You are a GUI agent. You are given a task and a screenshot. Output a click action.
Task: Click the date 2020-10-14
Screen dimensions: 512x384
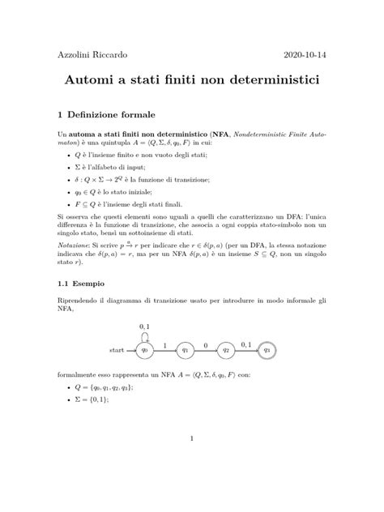[x=302, y=55]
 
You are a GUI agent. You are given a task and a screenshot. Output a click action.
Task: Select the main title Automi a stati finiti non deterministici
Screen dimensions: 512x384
[x=192, y=83]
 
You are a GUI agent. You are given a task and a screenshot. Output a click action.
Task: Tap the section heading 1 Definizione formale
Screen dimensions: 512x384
[x=113, y=114]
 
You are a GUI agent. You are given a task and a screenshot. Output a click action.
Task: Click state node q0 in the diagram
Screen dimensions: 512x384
[x=146, y=350]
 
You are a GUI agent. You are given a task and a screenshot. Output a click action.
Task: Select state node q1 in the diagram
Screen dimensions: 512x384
[x=186, y=350]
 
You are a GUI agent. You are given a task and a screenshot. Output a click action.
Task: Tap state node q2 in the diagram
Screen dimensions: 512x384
[x=227, y=350]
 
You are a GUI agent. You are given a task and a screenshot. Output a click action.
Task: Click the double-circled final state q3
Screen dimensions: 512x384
[x=267, y=350]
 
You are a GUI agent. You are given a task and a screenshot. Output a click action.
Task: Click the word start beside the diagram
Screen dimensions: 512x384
[x=117, y=350]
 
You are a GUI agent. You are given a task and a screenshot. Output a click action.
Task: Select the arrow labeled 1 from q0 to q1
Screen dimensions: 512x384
[x=165, y=349]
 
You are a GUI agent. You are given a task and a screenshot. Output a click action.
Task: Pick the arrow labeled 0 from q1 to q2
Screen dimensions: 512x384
[x=206, y=349]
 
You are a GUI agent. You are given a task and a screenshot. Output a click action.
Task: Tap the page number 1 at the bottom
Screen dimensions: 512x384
[x=192, y=440]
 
